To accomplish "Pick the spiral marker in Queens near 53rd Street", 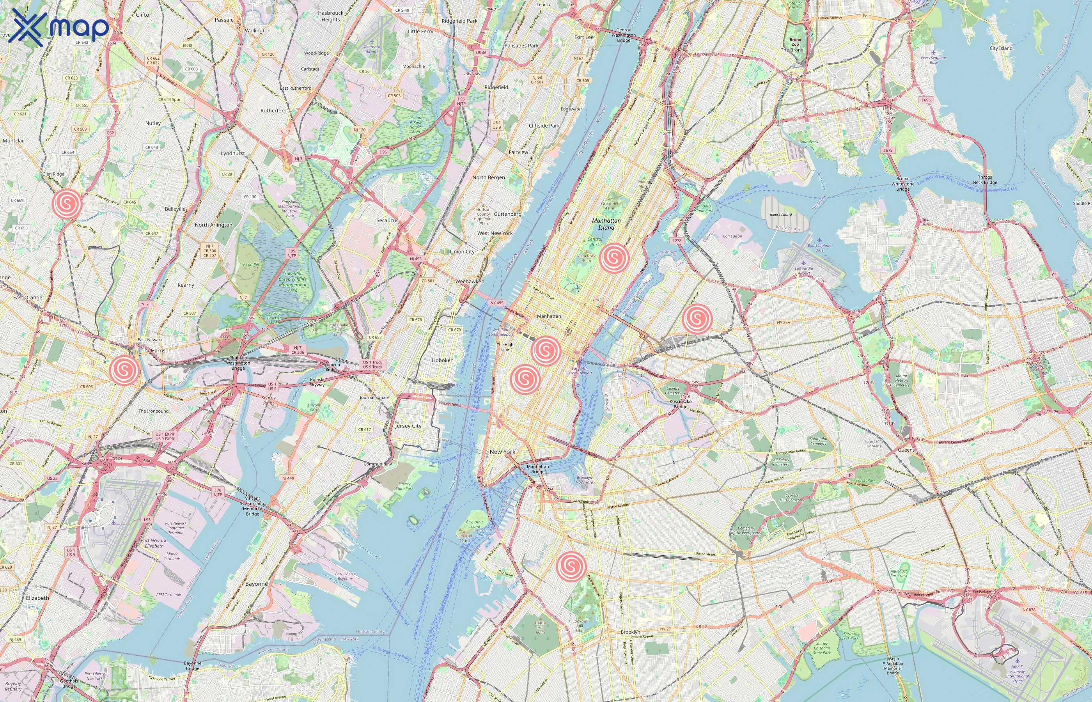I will click(x=697, y=318).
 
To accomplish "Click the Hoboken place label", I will click(x=442, y=360).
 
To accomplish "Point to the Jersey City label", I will click(x=408, y=426).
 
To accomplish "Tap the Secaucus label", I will click(x=387, y=221).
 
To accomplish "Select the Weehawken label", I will click(x=470, y=282).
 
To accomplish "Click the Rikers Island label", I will click(x=780, y=214).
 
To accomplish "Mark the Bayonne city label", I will click(x=256, y=584).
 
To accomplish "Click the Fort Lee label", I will click(x=584, y=37).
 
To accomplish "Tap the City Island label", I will click(x=1001, y=48).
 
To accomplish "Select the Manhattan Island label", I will click(x=606, y=224).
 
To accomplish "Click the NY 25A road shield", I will click(x=783, y=322).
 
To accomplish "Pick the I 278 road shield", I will click(x=677, y=241).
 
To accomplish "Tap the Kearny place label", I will click(x=186, y=285).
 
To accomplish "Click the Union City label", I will click(x=462, y=252).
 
